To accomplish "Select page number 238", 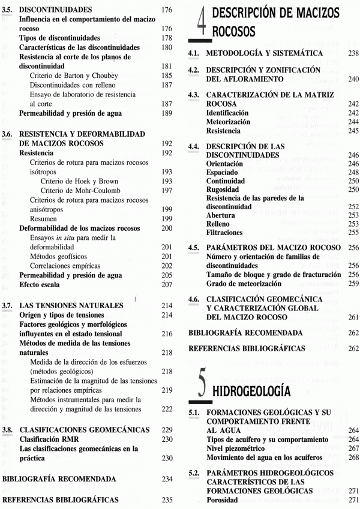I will tap(353, 53).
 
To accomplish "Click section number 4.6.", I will tap(194, 299).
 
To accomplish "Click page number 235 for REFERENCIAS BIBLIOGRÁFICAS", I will tap(167, 499).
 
